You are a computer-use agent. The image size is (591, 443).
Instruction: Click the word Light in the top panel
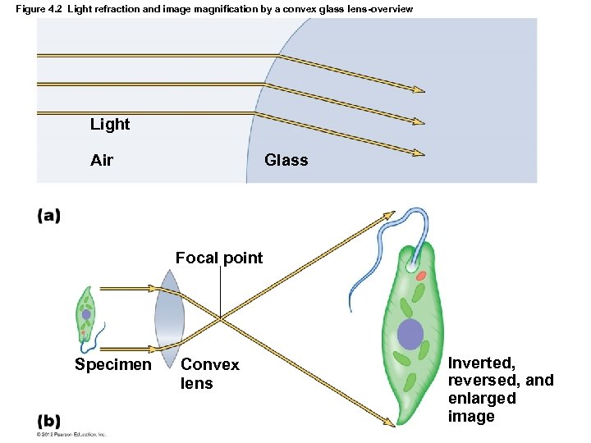coord(110,125)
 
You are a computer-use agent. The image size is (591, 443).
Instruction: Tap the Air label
coord(102,160)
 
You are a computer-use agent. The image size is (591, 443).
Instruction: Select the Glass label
coord(286,160)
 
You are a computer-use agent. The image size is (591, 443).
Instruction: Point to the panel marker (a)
coord(48,216)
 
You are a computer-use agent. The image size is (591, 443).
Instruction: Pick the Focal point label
coord(219,258)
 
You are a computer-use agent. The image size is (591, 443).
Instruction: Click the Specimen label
coord(112,365)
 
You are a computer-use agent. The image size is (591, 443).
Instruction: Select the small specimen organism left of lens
coord(86,315)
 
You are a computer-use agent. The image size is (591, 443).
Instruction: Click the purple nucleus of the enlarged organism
coord(410,334)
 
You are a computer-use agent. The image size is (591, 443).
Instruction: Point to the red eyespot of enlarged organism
coord(420,276)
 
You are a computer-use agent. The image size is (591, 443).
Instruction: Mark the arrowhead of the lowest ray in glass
coord(419,153)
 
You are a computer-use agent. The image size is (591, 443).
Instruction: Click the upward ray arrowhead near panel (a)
coord(389,214)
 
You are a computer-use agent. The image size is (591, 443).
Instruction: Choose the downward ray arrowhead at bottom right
coord(389,422)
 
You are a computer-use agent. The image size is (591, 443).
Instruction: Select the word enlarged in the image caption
coord(482,399)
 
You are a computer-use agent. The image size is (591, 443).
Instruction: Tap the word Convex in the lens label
coord(210,365)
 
